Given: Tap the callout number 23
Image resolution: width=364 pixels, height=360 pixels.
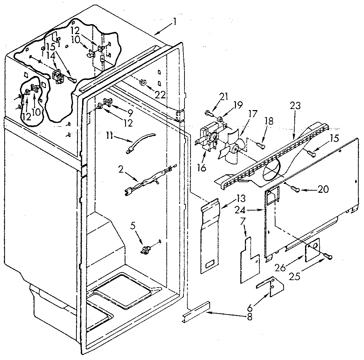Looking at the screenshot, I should pyautogui.click(x=295, y=106).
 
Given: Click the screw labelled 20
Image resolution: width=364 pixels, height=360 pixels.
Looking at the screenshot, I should pyautogui.click(x=294, y=190).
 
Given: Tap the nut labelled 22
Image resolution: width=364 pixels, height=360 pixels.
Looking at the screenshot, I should pyautogui.click(x=143, y=82).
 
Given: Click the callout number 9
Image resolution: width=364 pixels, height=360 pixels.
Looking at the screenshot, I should pyautogui.click(x=130, y=113).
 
